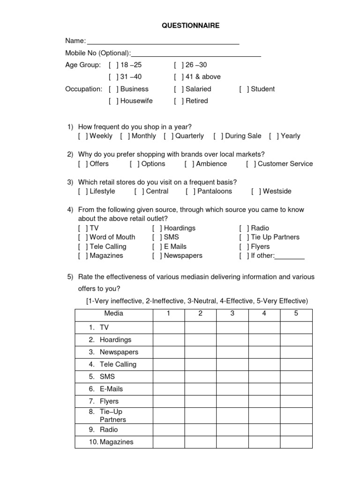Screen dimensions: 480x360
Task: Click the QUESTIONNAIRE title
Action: click(x=190, y=26)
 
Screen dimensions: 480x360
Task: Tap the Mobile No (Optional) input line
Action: click(x=196, y=54)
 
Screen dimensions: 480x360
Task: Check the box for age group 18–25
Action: click(x=113, y=65)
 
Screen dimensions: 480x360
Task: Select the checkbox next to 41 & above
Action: click(x=179, y=77)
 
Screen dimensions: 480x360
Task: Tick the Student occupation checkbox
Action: click(x=244, y=89)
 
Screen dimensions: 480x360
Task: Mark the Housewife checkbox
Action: click(x=113, y=101)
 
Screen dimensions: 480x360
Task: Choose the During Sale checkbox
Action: click(x=218, y=136)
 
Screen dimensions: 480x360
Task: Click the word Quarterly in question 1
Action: click(x=189, y=136)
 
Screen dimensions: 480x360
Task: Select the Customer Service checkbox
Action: click(x=251, y=164)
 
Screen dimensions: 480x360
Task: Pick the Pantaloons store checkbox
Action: click(x=190, y=191)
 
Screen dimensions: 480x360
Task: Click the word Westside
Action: click(x=277, y=191)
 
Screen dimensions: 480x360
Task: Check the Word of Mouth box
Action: click(x=82, y=237)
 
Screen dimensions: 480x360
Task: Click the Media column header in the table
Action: click(x=114, y=314)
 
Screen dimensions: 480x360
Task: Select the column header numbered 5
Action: click(x=296, y=314)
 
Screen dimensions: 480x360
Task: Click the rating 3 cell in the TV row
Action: click(x=232, y=328)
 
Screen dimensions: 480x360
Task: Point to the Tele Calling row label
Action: click(x=118, y=364)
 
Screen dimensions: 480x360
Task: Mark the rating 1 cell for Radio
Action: click(x=168, y=429)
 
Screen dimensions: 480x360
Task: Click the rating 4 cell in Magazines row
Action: click(x=264, y=442)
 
